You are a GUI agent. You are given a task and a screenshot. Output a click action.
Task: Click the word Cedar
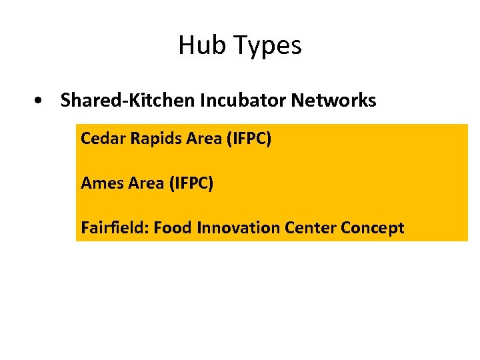click(103, 139)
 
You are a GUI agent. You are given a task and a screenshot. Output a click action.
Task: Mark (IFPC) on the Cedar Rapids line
click(249, 139)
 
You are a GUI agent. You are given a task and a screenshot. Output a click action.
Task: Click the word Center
click(310, 228)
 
